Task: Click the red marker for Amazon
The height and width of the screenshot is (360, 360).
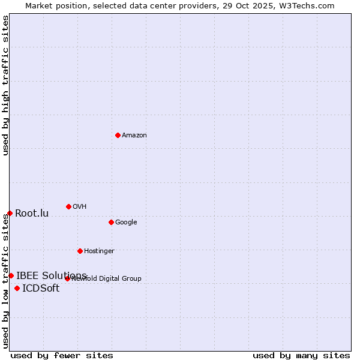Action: (x=118, y=135)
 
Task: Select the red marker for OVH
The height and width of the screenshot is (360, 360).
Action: (x=68, y=206)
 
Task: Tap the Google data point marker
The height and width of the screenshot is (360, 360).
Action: (x=111, y=222)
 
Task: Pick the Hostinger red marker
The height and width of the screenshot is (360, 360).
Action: (x=80, y=251)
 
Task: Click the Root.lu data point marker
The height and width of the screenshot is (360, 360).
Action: (x=10, y=213)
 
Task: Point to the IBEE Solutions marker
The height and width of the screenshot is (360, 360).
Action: (x=11, y=275)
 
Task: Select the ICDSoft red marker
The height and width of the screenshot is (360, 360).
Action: (x=17, y=288)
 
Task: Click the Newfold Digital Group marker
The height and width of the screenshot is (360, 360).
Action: (x=67, y=278)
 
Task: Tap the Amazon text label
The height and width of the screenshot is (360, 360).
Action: (x=134, y=136)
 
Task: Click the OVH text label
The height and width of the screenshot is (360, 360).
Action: (x=80, y=207)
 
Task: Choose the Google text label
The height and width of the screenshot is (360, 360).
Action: (x=126, y=223)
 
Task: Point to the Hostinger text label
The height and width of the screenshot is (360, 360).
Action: (x=99, y=251)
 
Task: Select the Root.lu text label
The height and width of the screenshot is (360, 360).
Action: (x=32, y=214)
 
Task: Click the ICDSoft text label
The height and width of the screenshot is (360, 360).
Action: (x=41, y=289)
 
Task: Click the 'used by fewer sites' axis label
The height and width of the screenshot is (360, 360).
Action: (x=62, y=355)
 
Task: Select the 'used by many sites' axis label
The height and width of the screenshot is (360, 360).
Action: (x=301, y=355)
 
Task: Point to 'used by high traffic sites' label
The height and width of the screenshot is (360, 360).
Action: (x=5, y=85)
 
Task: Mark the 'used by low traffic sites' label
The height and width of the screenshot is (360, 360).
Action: (x=5, y=281)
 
